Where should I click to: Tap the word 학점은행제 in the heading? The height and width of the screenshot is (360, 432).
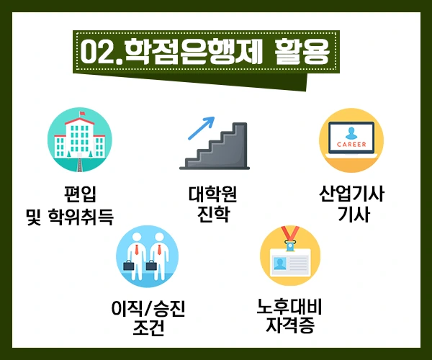pos(187,51)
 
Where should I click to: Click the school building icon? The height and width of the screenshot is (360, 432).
pos(78,141)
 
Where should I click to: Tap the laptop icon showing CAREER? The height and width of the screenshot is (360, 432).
pos(351,141)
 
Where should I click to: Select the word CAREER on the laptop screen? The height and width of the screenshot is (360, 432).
pos(351,144)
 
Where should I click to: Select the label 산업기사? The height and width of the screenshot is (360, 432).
pos(352,194)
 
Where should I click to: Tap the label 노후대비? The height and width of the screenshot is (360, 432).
pos(289,307)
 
